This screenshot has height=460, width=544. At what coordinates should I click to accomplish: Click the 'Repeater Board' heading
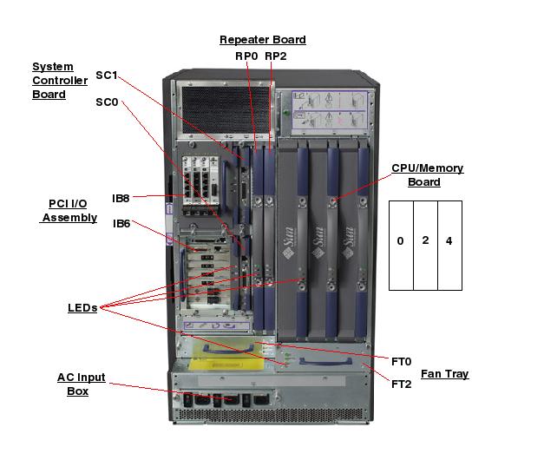[x=262, y=40]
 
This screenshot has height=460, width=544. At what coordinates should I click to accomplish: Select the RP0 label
[x=246, y=56]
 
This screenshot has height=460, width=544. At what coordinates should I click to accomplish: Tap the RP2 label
[x=275, y=56]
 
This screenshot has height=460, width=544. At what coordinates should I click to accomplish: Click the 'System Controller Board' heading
[x=59, y=81]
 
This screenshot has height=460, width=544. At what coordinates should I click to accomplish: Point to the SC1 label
[x=107, y=76]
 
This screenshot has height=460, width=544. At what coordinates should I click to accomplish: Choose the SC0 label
[x=107, y=102]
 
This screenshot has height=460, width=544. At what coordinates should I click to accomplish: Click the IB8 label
[x=121, y=198]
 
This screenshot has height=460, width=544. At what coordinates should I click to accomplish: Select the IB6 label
[x=121, y=223]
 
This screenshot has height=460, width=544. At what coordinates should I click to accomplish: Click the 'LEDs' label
[x=82, y=308]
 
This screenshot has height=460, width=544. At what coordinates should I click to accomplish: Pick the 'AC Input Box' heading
[x=81, y=384]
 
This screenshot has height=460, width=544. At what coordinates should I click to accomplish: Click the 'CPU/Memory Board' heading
[x=427, y=174]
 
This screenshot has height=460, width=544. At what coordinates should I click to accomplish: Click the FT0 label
[x=401, y=361]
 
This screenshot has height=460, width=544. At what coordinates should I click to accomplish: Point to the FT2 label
[x=401, y=383]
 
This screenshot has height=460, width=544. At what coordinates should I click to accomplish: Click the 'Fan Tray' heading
[x=444, y=374]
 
